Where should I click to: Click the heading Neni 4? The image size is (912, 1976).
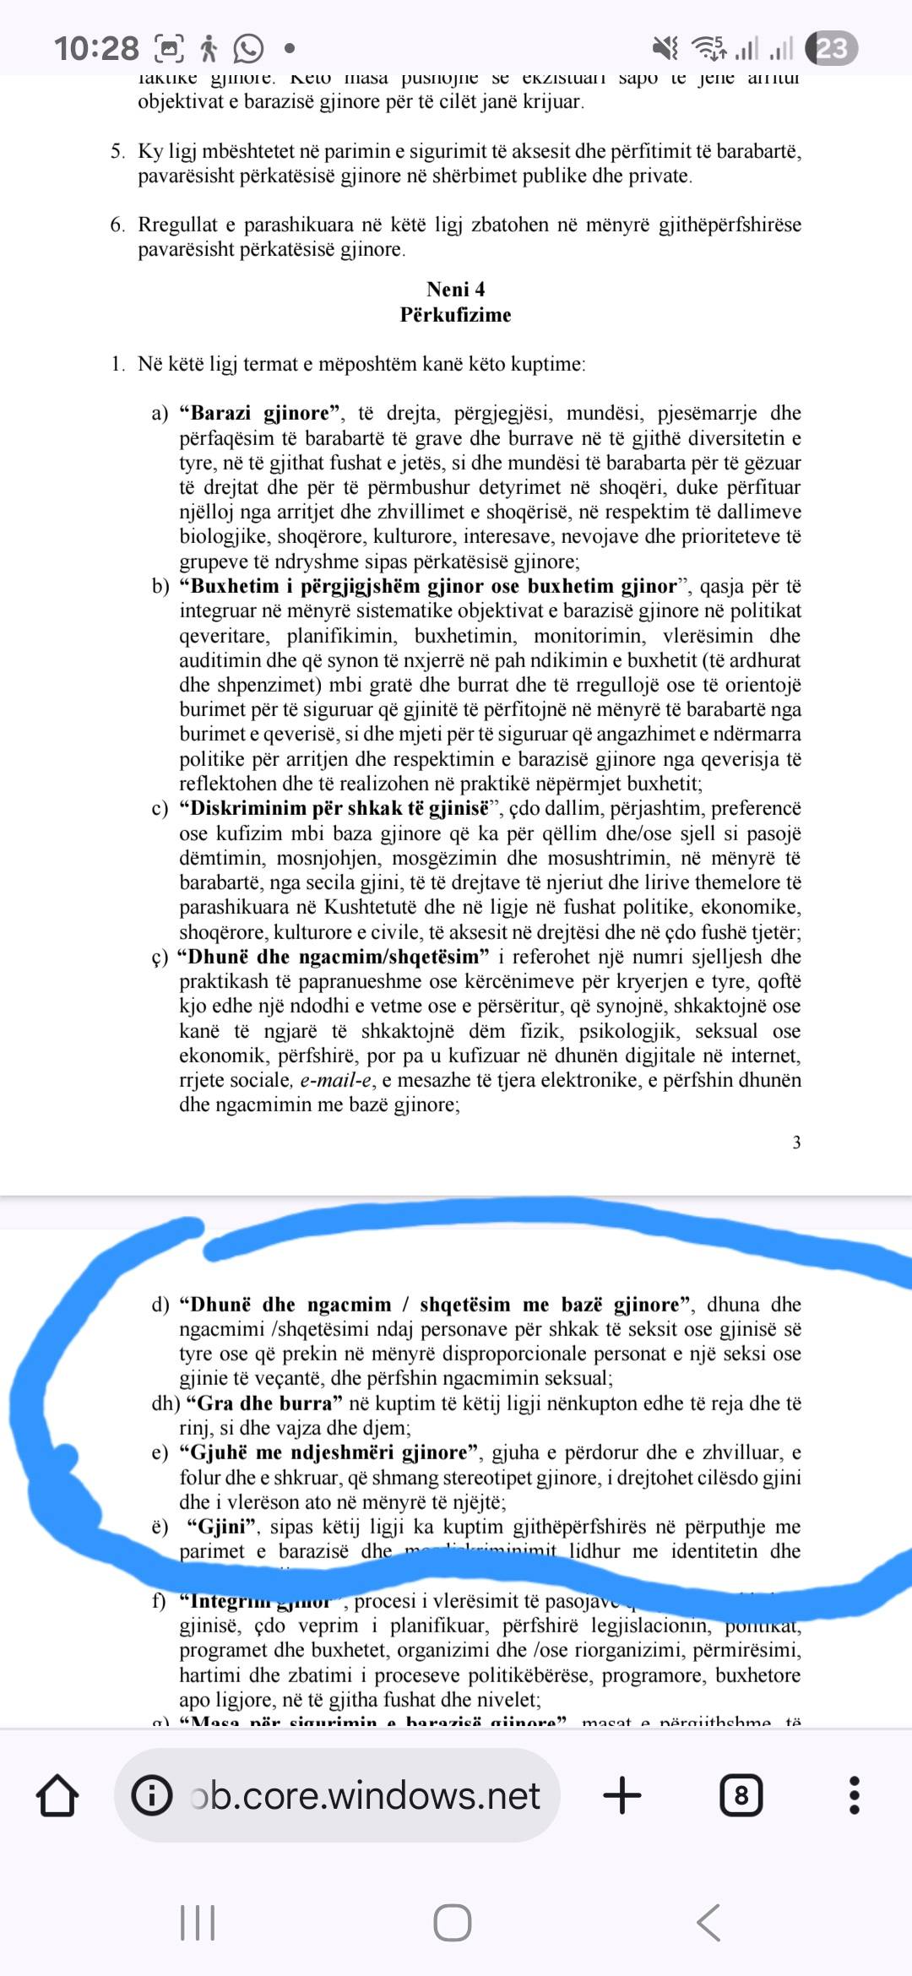point(455,290)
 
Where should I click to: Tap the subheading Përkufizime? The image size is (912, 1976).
point(455,315)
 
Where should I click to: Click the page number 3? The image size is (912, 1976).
point(796,1143)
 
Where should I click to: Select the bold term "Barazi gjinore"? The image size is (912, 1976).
point(260,413)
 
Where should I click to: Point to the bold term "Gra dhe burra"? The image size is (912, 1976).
point(264,1403)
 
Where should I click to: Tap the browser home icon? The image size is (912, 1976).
point(57,1795)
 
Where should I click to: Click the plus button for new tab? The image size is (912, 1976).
point(622,1795)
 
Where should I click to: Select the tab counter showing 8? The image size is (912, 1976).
point(741,1795)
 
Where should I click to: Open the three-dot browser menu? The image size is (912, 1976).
point(854,1795)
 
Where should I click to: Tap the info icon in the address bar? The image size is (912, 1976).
point(153,1795)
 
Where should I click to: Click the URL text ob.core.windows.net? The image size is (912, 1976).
point(365,1795)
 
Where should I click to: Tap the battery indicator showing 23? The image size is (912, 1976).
point(832,48)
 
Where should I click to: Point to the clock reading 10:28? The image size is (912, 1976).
point(96,48)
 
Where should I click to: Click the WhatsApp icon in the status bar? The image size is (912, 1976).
point(248,49)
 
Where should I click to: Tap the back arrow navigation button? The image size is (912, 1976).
point(708,1923)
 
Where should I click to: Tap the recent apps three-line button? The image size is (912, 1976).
point(198,1923)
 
